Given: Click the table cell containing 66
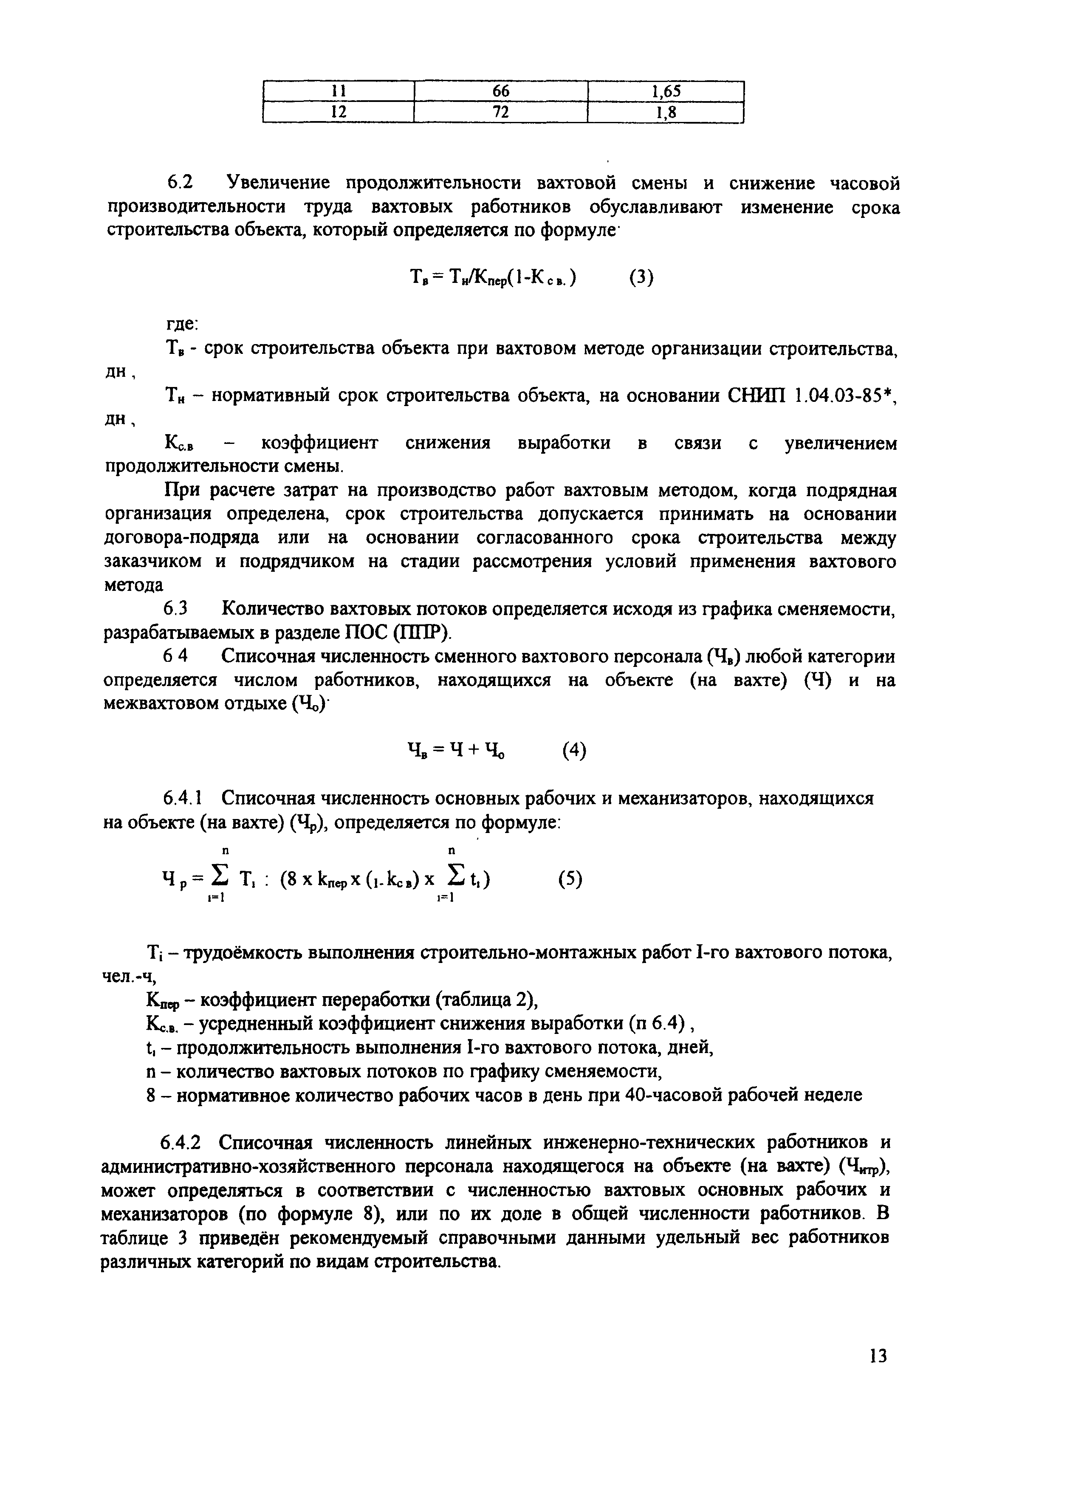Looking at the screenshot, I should click(x=500, y=91).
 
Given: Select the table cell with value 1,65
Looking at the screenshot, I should click(x=665, y=91).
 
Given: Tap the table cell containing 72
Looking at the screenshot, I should click(x=500, y=113).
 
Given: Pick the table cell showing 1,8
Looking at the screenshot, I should click(x=665, y=113).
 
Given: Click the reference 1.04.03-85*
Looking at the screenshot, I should click(x=845, y=396).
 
